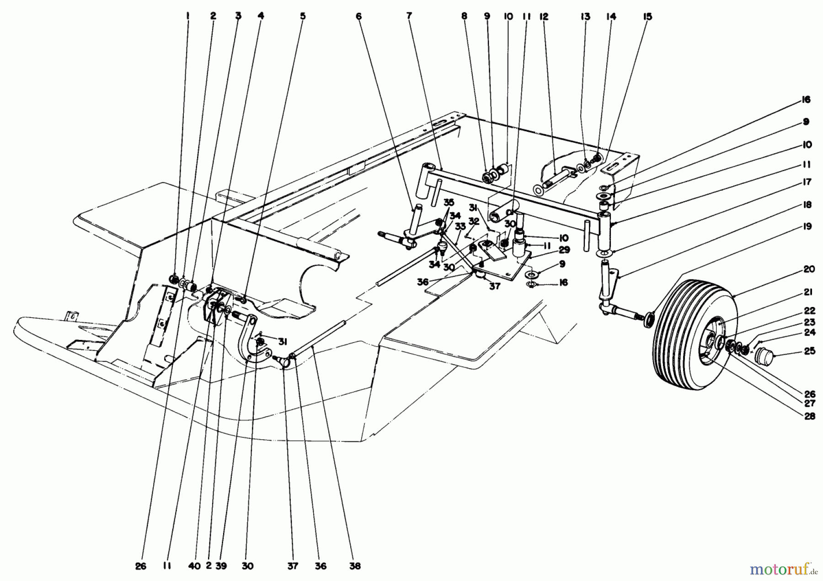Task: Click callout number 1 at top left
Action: [188, 16]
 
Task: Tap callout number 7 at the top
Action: [409, 16]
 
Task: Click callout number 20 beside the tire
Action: [809, 269]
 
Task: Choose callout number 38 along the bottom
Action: [354, 566]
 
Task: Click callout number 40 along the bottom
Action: [194, 566]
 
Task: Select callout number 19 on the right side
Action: [807, 226]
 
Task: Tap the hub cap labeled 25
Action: [763, 355]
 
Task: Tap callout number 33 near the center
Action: [460, 226]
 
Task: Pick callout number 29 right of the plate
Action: [551, 250]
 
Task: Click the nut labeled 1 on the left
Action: [174, 278]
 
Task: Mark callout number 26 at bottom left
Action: [141, 566]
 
